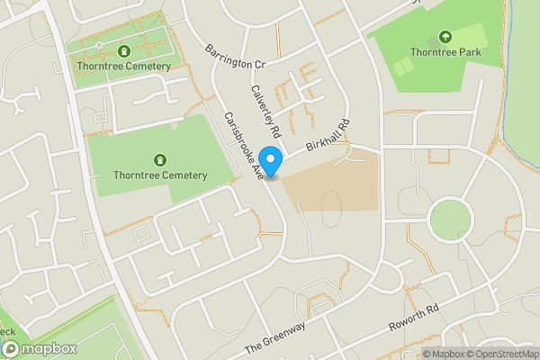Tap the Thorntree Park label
[x=445, y=52]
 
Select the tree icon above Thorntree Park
[x=445, y=37]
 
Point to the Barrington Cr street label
[x=235, y=57]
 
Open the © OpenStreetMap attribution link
[x=503, y=354]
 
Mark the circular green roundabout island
[x=450, y=219]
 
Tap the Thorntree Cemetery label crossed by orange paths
[x=123, y=67]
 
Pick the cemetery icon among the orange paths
[x=123, y=50]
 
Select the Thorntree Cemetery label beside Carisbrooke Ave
[x=161, y=175]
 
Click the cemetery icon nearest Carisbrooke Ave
[x=161, y=159]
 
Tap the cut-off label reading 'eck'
[x=8, y=332]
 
